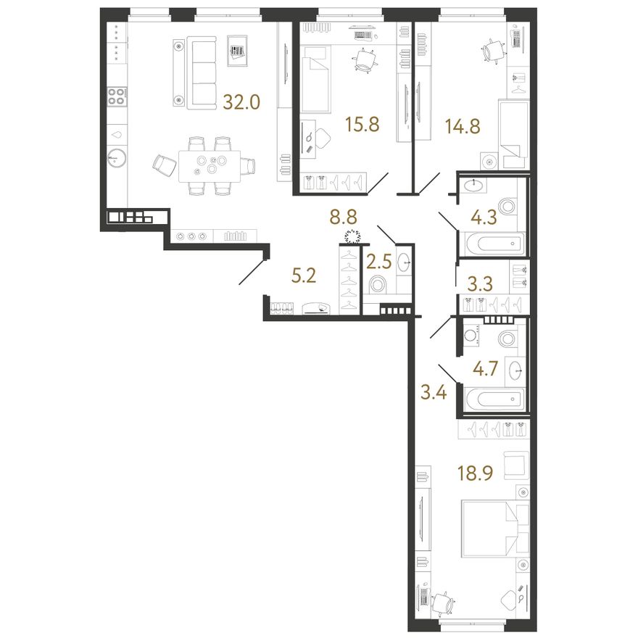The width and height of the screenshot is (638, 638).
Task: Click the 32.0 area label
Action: pyautogui.click(x=241, y=102)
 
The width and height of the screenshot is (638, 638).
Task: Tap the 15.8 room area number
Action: pyautogui.click(x=362, y=124)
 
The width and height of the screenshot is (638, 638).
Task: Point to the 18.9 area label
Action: pyautogui.click(x=476, y=473)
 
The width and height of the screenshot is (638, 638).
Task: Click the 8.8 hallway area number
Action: pyautogui.click(x=344, y=217)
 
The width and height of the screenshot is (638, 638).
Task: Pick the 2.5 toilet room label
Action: pyautogui.click(x=378, y=262)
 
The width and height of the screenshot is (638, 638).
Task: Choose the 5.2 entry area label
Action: pyautogui.click(x=304, y=276)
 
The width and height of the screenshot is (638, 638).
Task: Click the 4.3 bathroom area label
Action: pyautogui.click(x=484, y=217)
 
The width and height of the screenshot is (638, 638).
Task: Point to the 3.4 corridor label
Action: pyautogui.click(x=434, y=394)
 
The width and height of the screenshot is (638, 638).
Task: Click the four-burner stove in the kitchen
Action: pyautogui.click(x=117, y=97)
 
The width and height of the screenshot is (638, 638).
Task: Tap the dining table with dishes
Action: pyautogui.click(x=209, y=165)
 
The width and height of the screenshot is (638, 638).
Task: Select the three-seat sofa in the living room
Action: pyautogui.click(x=201, y=72)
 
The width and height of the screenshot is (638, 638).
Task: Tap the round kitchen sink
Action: pyautogui.click(x=117, y=157)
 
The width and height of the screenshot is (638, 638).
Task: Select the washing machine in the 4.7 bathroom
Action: pyautogui.click(x=472, y=337)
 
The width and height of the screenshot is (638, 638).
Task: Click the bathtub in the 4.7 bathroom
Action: pyautogui.click(x=494, y=399)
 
